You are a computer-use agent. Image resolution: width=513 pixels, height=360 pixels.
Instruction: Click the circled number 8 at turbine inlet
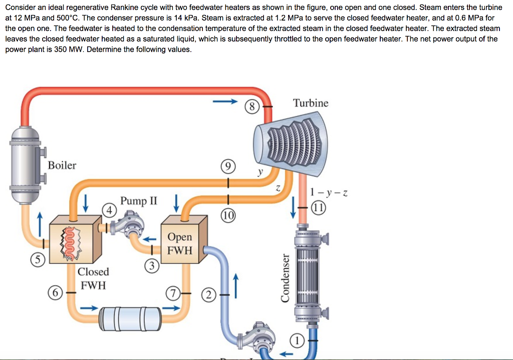tap(252, 106)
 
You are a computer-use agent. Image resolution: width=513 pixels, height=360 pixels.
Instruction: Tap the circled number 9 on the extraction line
tap(228, 167)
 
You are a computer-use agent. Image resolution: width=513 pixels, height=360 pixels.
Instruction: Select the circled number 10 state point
tap(228, 216)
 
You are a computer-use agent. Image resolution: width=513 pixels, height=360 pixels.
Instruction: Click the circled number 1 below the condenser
tap(298, 340)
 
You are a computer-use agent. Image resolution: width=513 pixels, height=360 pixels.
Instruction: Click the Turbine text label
tap(311, 103)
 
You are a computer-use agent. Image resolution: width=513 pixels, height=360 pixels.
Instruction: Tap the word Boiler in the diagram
tap(62, 165)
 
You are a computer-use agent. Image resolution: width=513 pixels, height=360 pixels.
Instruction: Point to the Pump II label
tap(138, 201)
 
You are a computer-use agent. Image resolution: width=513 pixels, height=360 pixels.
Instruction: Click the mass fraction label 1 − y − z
tap(329, 192)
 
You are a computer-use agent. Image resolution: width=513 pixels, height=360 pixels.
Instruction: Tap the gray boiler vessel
tap(25, 163)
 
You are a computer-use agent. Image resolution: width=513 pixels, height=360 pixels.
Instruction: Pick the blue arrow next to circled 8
tap(224, 102)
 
